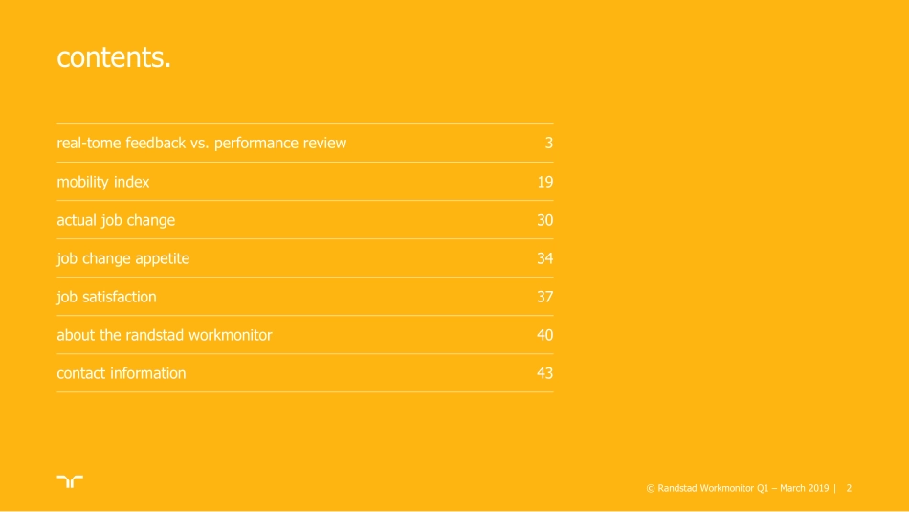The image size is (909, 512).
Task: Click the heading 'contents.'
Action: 114,57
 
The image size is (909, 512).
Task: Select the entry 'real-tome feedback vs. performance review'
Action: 201,144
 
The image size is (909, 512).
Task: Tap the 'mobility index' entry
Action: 103,182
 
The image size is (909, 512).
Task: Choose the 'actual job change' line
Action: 116,220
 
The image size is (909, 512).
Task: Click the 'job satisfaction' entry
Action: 106,297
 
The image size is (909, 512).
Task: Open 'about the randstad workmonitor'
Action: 165,335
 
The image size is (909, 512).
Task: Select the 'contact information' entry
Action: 122,373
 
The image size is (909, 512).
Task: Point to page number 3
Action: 549,144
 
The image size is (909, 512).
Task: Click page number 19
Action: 545,182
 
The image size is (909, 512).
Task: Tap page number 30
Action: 545,220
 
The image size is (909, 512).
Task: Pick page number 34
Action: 545,258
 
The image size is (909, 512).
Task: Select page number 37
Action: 545,297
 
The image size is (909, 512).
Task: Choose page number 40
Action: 545,335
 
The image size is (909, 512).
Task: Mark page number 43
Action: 545,373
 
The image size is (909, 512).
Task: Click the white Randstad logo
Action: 69,481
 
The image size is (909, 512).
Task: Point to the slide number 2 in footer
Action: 849,489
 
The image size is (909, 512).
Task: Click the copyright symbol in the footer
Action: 651,489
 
